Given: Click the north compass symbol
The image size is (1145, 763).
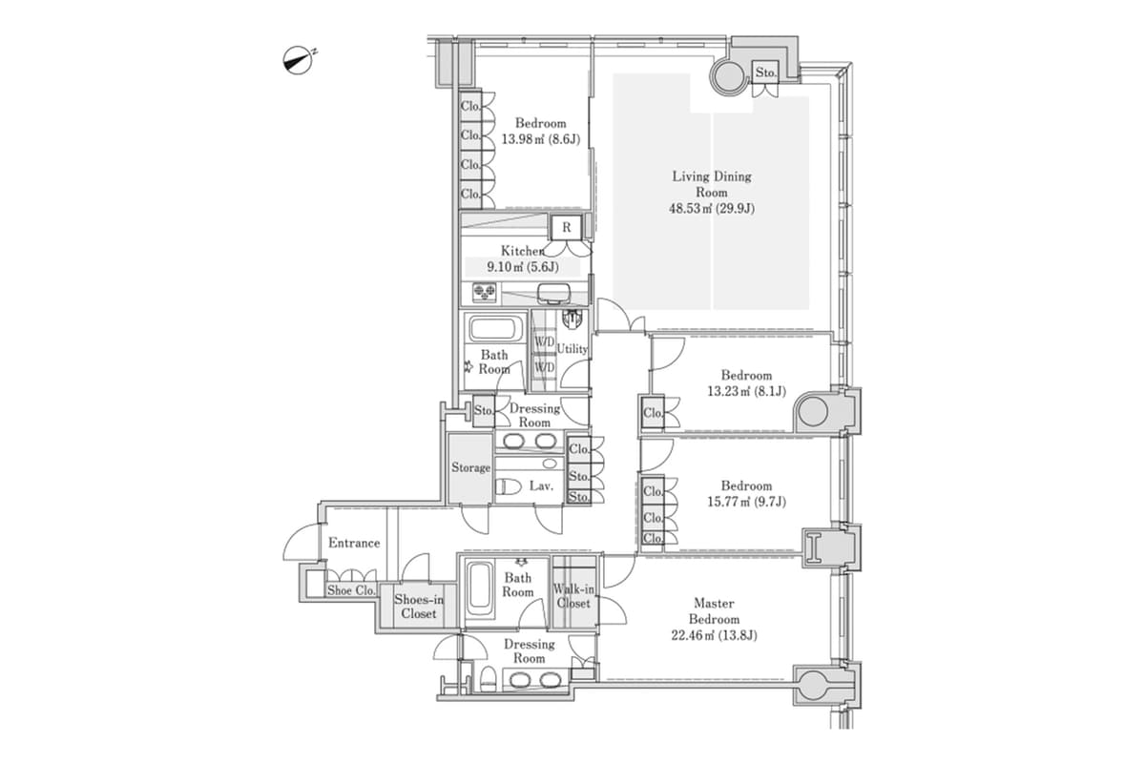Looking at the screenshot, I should click(299, 61).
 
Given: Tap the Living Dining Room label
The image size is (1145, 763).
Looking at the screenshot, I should click(712, 192).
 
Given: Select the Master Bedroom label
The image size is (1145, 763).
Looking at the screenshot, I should click(713, 619).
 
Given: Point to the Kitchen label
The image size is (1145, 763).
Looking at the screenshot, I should click(522, 251).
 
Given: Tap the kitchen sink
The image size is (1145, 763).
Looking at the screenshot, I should click(551, 292).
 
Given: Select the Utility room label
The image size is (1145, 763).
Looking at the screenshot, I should click(572, 349).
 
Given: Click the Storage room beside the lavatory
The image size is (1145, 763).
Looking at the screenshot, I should click(470, 467).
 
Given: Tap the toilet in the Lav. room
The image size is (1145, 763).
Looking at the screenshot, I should click(511, 486).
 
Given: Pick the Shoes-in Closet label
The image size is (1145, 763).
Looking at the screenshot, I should click(418, 607).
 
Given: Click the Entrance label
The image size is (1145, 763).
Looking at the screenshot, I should click(354, 543).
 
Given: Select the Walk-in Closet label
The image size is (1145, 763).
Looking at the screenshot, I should click(572, 596).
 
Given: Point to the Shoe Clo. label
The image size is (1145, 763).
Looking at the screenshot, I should click(351, 590).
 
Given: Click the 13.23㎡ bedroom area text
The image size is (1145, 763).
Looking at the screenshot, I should click(745, 391).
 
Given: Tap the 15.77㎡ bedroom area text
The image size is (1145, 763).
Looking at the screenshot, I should click(745, 502).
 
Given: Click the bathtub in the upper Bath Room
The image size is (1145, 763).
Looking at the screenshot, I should click(493, 331).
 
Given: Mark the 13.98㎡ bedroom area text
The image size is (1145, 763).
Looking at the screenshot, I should click(540, 138).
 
